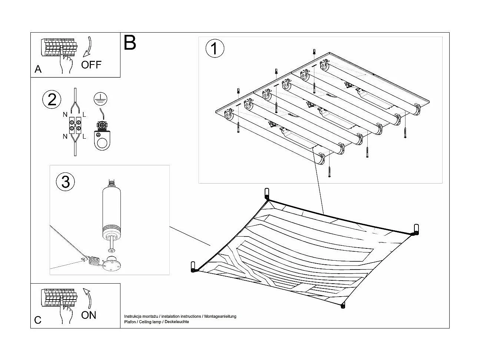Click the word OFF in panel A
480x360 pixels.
click(91, 65)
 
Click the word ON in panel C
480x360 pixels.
click(89, 315)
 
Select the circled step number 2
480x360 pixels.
click(52, 100)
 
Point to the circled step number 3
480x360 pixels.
click(65, 182)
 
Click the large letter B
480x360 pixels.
click(130, 43)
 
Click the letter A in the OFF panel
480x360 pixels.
click(38, 69)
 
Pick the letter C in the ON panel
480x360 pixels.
click(38, 320)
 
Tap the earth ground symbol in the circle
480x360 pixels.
click(99, 97)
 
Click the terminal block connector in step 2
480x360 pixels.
click(75, 125)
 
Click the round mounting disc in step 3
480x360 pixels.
click(110, 264)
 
